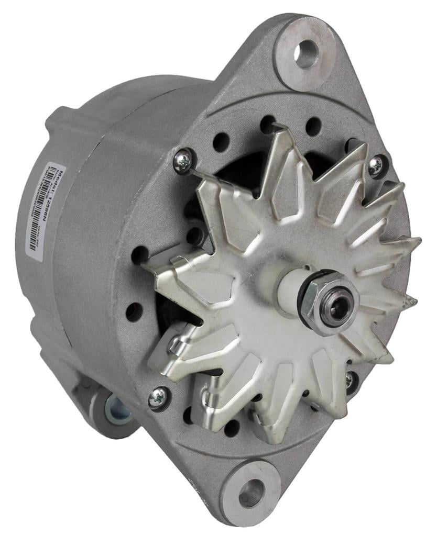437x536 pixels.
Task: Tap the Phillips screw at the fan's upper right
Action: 376,165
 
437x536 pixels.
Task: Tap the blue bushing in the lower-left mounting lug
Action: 115,408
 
